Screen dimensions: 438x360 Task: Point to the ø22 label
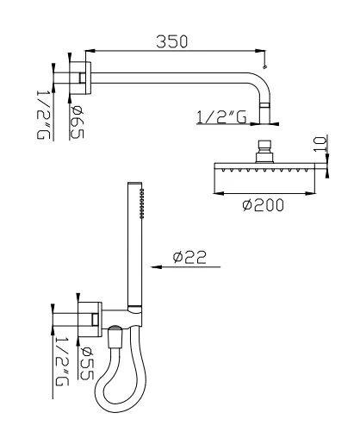pos(188,256)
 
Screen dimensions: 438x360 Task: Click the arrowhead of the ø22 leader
pos(155,267)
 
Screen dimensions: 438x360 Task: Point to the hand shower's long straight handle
pos(133,250)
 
